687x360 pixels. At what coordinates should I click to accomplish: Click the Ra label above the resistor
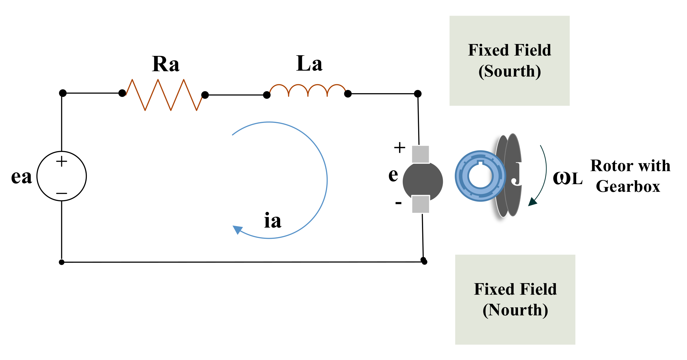165,64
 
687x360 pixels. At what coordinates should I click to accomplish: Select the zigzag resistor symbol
164,95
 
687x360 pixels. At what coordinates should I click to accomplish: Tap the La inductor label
309,64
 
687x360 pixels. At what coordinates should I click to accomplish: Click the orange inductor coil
308,90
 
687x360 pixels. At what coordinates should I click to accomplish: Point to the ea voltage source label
21,177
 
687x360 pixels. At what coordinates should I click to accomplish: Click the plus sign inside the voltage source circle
61,161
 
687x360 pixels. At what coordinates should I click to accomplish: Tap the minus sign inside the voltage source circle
61,193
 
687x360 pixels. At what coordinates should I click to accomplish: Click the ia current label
272,221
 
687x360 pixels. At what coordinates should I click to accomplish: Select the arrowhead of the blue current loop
237,229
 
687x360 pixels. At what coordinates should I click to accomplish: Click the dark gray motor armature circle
423,181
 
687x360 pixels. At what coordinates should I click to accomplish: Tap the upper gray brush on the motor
420,154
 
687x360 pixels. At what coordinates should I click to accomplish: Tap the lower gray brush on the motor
420,204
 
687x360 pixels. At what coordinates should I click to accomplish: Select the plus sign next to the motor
399,147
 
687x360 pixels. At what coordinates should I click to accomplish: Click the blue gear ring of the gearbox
480,176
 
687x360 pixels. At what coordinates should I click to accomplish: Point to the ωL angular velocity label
567,178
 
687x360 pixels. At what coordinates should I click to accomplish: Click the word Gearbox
628,187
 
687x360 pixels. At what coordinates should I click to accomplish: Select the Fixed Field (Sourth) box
509,61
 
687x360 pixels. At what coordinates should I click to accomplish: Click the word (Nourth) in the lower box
515,310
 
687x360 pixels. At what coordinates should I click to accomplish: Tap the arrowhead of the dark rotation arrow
532,202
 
